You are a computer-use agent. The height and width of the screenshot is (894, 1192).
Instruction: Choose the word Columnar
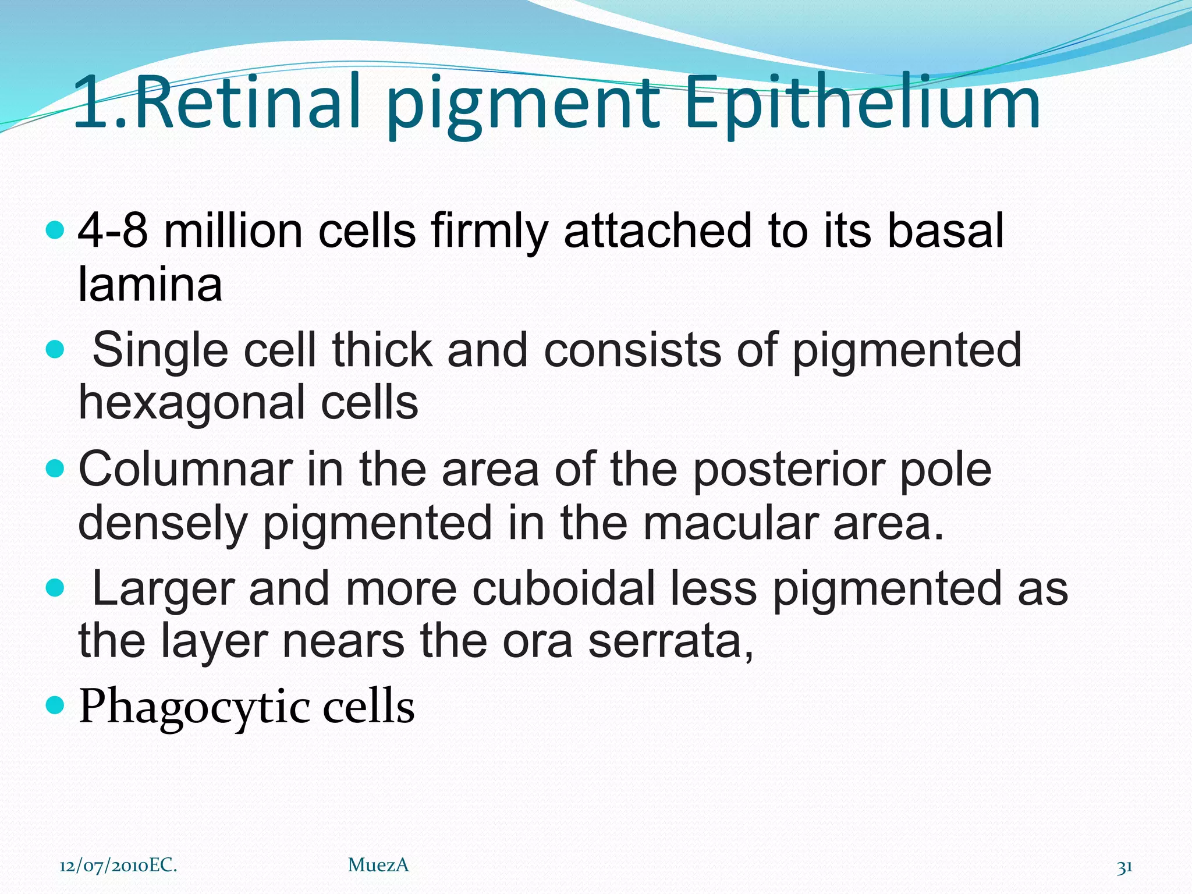point(186,469)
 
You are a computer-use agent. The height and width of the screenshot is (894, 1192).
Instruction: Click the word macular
point(730,523)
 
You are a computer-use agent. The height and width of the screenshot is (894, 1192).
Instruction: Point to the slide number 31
point(1124,867)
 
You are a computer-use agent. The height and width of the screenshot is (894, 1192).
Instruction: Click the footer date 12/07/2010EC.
point(118,865)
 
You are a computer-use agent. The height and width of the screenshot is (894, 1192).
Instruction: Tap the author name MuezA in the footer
point(378,865)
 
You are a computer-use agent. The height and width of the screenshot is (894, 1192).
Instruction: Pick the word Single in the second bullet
point(160,350)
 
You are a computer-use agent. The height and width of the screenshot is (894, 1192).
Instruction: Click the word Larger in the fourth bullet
point(163,588)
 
